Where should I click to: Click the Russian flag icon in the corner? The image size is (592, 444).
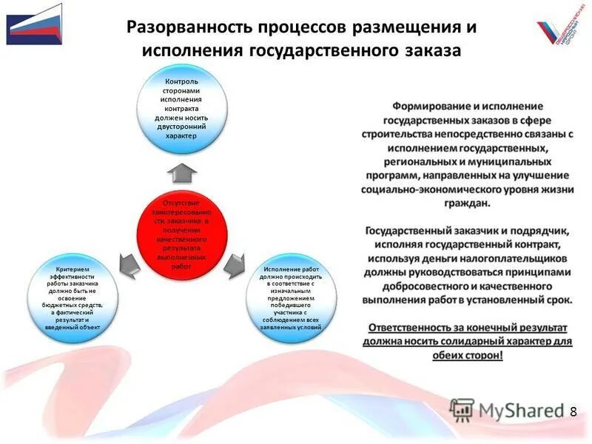point(35,24)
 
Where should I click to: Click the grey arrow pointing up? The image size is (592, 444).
point(181,172)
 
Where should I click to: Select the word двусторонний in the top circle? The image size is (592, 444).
point(181,126)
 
